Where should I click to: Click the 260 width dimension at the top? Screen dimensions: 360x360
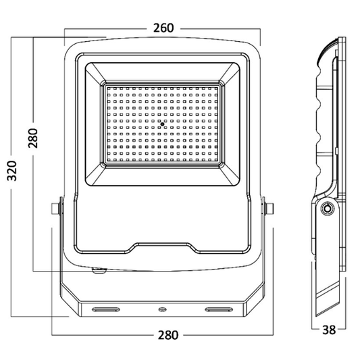click(163, 28)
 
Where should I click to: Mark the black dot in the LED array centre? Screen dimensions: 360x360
click(163, 124)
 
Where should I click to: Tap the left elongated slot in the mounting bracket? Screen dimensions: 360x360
click(105, 309)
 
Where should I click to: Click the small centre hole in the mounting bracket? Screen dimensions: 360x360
click(162, 309)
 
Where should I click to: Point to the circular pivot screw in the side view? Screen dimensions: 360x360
click(328, 210)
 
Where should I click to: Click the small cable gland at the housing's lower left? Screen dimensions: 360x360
click(99, 271)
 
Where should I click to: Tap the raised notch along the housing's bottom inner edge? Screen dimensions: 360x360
click(163, 247)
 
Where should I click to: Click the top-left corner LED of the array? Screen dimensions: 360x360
click(110, 88)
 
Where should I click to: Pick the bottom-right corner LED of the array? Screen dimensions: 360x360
click(215, 161)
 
